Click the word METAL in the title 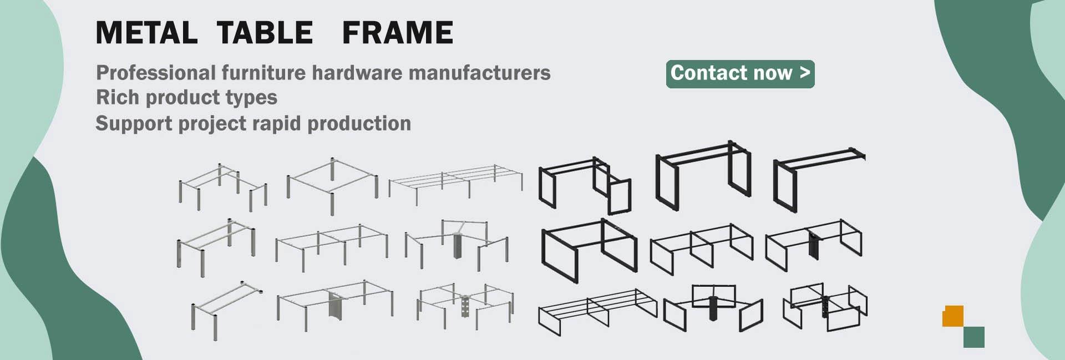pyautogui.click(x=146, y=33)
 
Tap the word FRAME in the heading pyautogui.click(x=398, y=33)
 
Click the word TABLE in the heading pyautogui.click(x=265, y=33)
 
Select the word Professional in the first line pyautogui.click(x=156, y=73)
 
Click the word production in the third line pyautogui.click(x=359, y=123)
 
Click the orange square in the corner pyautogui.click(x=952, y=316)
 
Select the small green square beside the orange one pyautogui.click(x=973, y=337)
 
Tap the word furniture pyautogui.click(x=263, y=73)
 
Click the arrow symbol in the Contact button pyautogui.click(x=805, y=73)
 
